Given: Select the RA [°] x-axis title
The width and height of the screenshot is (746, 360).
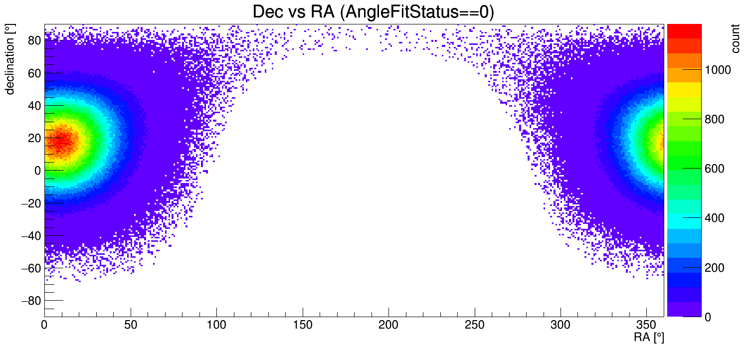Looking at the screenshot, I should coord(648,338).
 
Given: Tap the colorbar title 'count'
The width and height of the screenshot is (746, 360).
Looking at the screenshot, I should coord(735,40).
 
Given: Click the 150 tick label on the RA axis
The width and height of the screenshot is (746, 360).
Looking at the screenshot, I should coord(303,325).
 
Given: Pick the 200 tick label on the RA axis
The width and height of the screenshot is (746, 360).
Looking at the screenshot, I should coord(388,325).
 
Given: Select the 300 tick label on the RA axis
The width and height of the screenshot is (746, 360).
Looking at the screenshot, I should coord(560,325).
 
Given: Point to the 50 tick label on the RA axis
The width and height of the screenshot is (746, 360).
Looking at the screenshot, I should coord(131,325).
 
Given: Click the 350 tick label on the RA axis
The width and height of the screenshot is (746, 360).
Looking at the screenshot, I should coord(646,325).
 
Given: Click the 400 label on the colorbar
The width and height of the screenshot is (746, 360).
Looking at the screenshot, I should coord(713,218).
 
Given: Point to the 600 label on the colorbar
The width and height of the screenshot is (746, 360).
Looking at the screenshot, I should coord(713,169).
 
